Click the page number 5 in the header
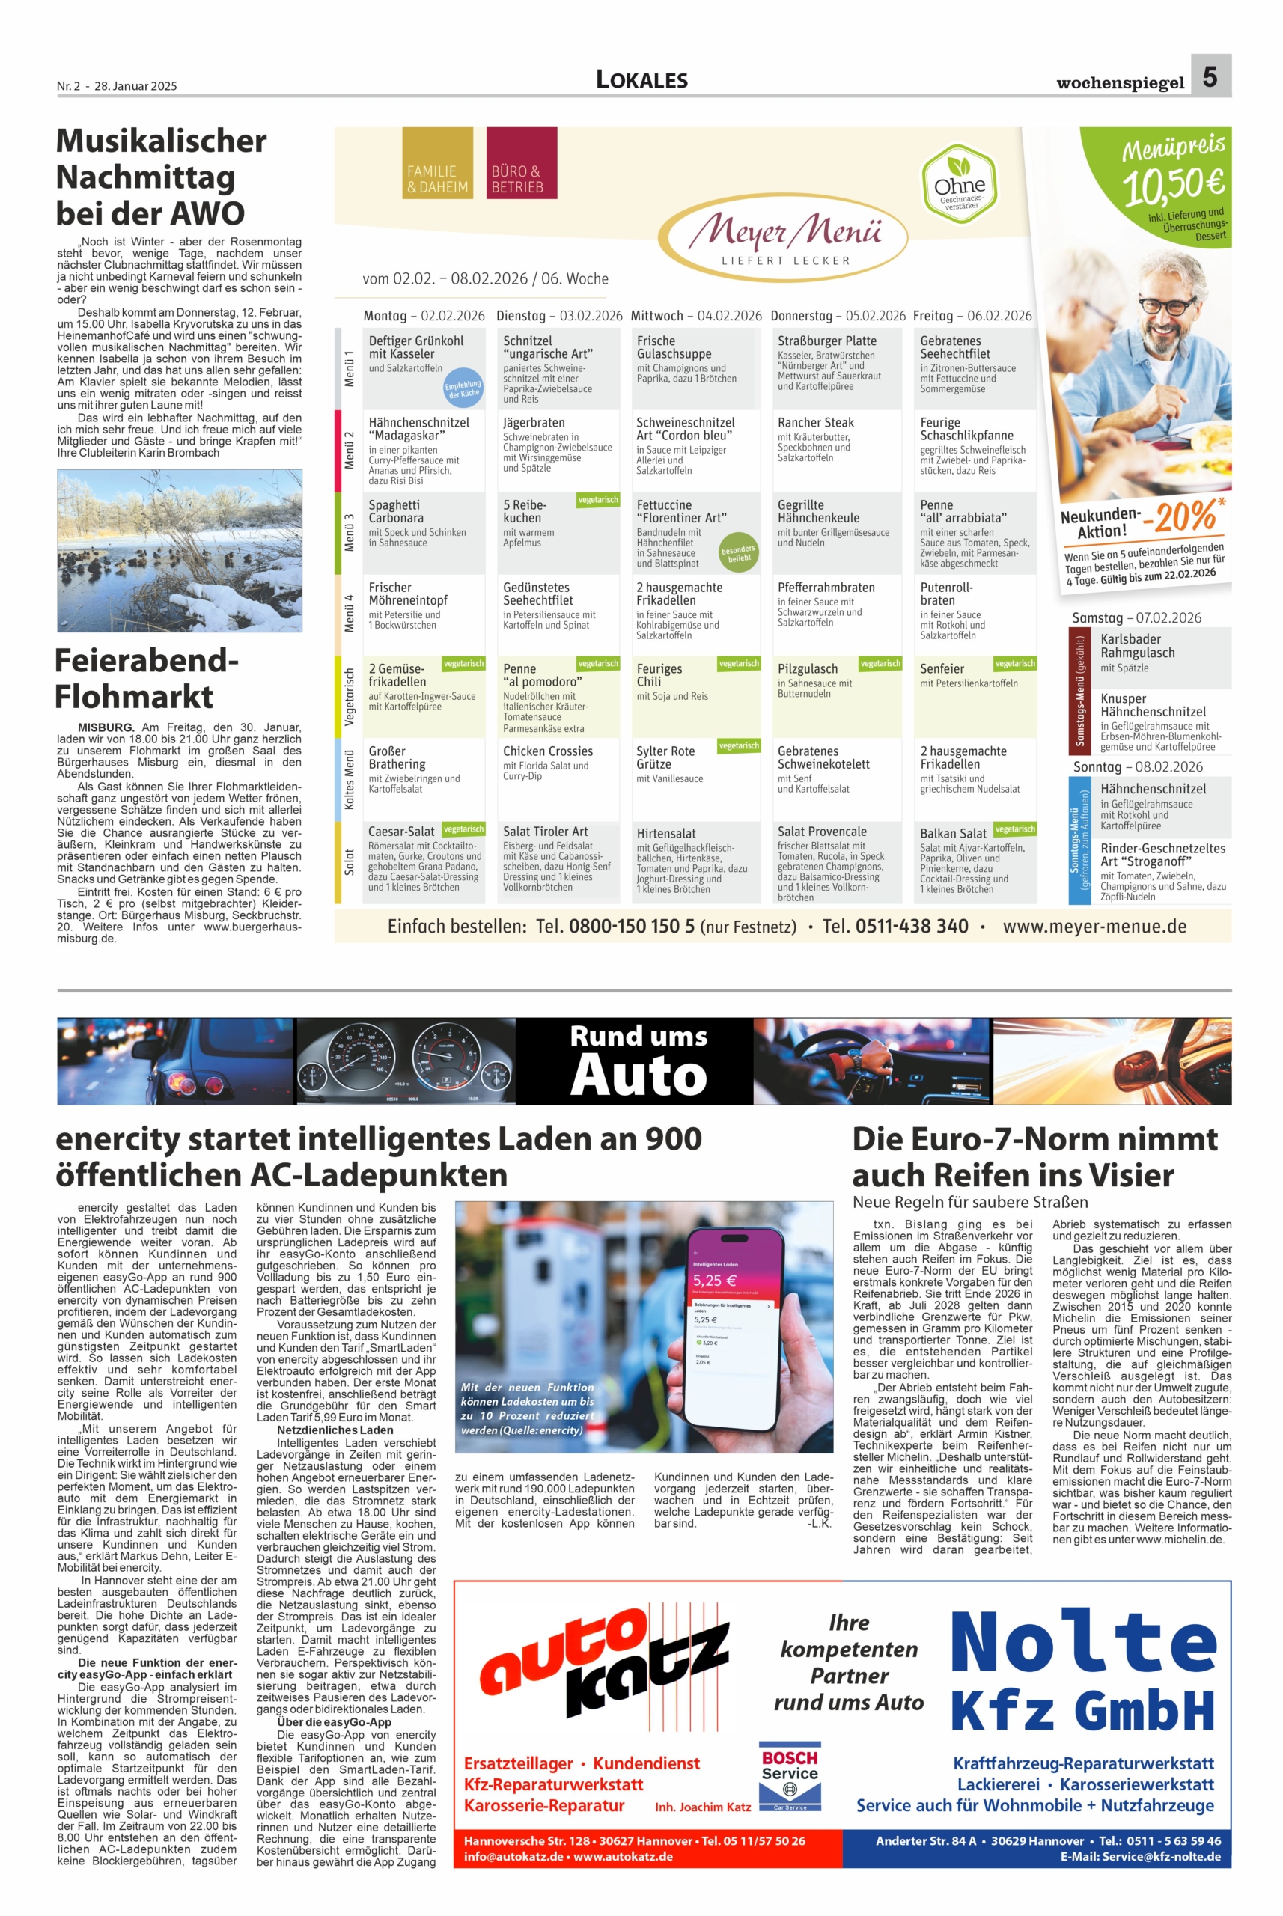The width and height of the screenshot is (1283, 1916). click(x=1210, y=76)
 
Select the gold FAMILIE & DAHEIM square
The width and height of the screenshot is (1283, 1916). click(x=438, y=164)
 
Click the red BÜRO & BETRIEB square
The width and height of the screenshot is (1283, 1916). click(x=521, y=164)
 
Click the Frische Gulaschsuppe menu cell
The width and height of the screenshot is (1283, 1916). click(x=695, y=367)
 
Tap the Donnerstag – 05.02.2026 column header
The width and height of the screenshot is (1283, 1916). click(x=838, y=316)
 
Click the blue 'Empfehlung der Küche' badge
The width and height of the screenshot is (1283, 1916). click(x=463, y=388)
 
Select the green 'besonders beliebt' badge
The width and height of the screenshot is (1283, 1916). click(x=738, y=552)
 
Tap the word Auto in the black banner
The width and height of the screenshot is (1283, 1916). click(x=639, y=1074)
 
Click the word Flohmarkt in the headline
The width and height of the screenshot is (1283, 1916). click(x=134, y=697)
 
